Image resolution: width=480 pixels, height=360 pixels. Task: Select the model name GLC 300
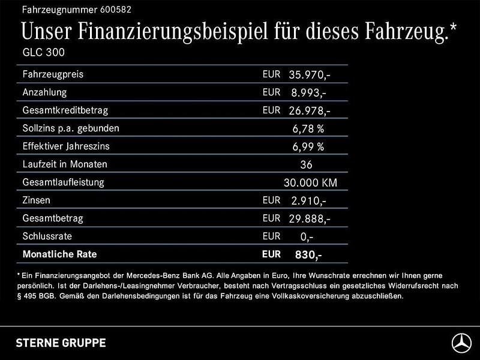(x=43, y=52)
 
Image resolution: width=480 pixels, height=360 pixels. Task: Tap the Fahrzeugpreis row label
(x=53, y=74)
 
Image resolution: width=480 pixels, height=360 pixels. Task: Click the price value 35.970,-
(x=309, y=75)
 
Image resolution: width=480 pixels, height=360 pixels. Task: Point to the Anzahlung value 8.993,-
(x=307, y=93)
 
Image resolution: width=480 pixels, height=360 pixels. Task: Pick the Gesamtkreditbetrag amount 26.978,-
(x=309, y=111)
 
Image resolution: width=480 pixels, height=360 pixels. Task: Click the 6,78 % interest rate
(x=308, y=128)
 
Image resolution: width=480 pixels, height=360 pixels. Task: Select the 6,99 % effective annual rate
(x=308, y=146)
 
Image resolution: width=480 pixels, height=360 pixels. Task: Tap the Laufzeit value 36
(x=306, y=164)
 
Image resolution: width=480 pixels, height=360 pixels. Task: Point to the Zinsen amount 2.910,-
(x=307, y=200)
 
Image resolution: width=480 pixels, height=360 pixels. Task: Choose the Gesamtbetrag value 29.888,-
(x=309, y=218)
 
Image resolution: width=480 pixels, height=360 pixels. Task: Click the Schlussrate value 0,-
(x=305, y=236)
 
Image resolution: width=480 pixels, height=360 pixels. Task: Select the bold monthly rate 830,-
(x=308, y=254)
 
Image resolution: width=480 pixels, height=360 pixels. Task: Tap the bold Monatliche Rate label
(x=59, y=254)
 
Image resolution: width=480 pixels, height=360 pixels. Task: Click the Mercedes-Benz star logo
(x=461, y=343)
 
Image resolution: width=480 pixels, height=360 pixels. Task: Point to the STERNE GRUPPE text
(x=60, y=343)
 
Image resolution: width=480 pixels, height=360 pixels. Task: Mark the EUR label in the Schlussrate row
(x=271, y=236)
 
